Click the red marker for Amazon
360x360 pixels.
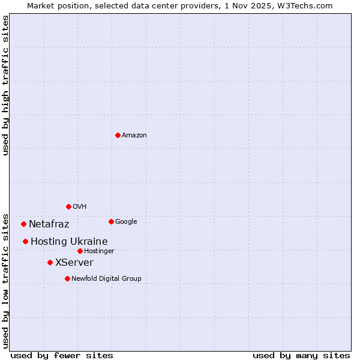click(118, 135)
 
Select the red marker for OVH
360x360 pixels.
click(68, 206)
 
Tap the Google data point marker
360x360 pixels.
click(111, 221)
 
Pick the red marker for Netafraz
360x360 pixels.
click(23, 224)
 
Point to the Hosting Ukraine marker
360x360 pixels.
click(25, 241)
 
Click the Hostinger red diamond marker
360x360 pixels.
click(80, 251)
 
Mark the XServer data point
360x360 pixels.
click(50, 262)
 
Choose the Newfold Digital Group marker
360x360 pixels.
click(67, 278)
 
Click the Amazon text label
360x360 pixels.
click(134, 136)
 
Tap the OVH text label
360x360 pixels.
click(80, 207)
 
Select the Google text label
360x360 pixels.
click(126, 222)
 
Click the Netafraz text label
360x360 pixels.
click(49, 224)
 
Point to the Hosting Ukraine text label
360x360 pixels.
click(69, 242)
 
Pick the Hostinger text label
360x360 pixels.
click(99, 251)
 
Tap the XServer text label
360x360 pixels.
click(74, 263)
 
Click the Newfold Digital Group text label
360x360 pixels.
click(106, 279)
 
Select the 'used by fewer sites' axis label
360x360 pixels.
click(62, 355)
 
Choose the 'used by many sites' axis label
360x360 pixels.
click(301, 355)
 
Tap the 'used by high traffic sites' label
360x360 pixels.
click(5, 85)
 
